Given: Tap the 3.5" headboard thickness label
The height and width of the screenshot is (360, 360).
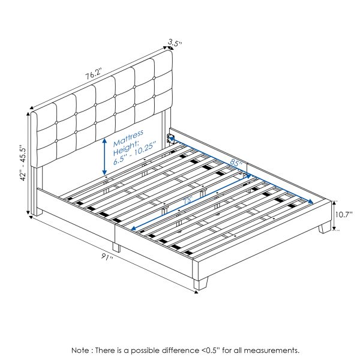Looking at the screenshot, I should (175, 43).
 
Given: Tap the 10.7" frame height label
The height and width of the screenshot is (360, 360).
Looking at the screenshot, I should (344, 214).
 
